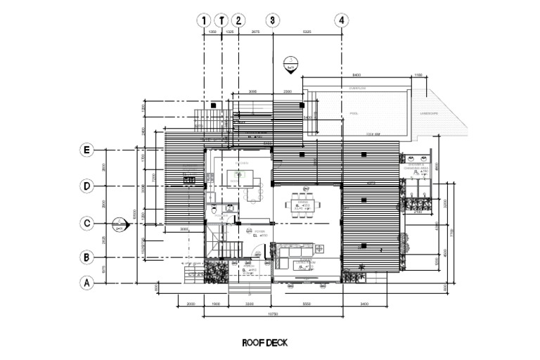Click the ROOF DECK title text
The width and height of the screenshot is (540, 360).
click(264, 343)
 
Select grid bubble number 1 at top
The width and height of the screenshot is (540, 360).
click(205, 20)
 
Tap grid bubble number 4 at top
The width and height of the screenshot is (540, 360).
click(342, 20)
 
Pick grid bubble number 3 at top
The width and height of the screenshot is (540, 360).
click(273, 20)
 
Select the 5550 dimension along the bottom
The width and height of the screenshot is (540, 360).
click(307, 304)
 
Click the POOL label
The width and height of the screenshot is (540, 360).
click(354, 113)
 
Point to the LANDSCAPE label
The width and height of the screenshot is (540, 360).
click(429, 113)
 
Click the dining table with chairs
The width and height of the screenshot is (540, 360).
click(304, 206)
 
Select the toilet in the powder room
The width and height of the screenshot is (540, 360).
click(213, 210)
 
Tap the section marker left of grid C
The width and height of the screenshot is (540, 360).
click(119, 225)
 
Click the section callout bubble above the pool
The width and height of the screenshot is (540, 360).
click(289, 65)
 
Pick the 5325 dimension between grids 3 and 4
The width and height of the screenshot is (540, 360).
click(307, 33)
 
